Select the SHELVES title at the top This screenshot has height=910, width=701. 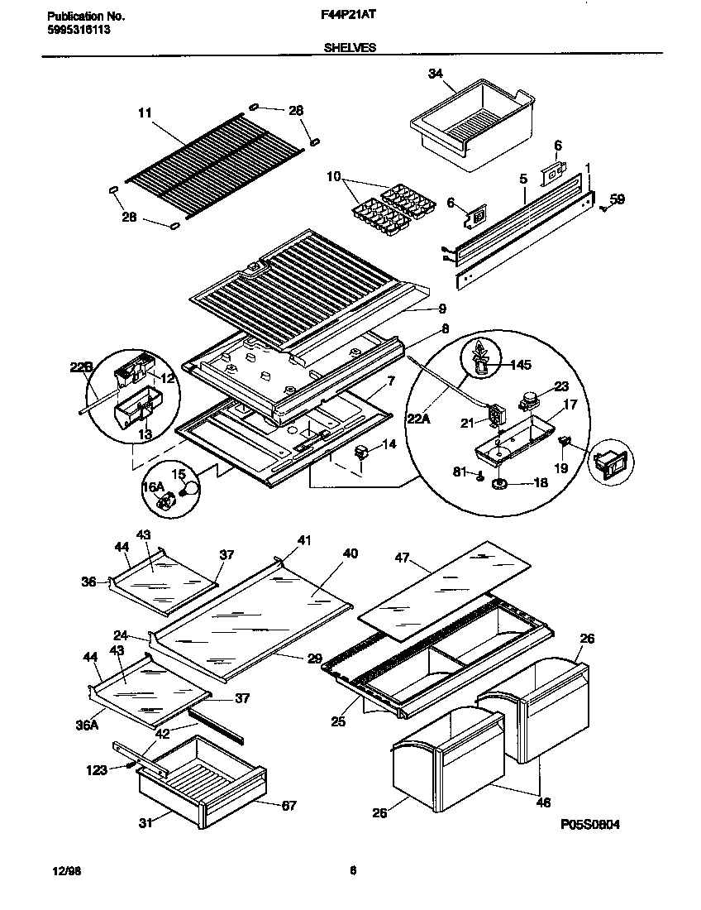pyautogui.click(x=350, y=48)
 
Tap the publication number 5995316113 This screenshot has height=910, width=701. pyautogui.click(x=75, y=29)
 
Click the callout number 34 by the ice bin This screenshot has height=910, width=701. pyautogui.click(x=436, y=74)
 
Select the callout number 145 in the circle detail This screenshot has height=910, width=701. pyautogui.click(x=520, y=363)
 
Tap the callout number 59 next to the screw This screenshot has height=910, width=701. pyautogui.click(x=618, y=199)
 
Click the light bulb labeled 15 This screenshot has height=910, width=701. pyautogui.click(x=192, y=489)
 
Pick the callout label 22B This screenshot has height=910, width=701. pyautogui.click(x=80, y=367)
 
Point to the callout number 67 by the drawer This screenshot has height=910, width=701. pyautogui.click(x=289, y=805)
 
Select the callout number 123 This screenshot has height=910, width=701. pyautogui.click(x=97, y=770)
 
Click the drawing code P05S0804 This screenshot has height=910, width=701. pyautogui.click(x=589, y=824)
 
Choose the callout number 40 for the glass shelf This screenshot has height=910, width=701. pyautogui.click(x=350, y=553)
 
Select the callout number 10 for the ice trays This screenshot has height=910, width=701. pyautogui.click(x=332, y=176)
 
